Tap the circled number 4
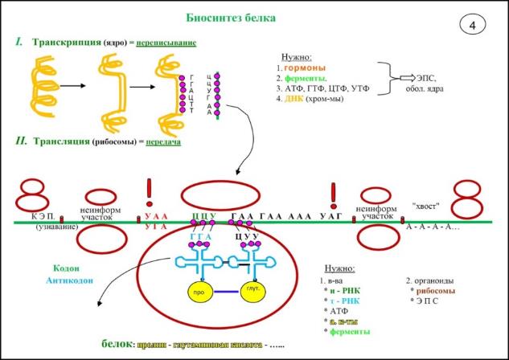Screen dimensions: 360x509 472,25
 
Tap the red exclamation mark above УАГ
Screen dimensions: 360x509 334,192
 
